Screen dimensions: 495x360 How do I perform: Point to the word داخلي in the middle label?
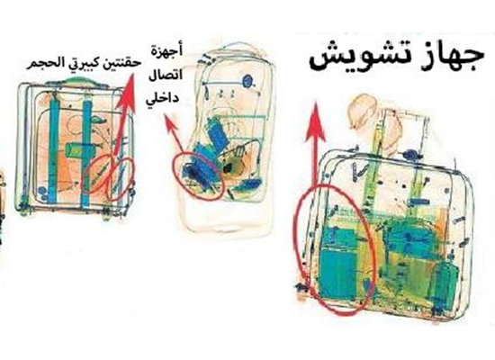click(162, 96)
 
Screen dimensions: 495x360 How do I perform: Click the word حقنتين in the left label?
click(124, 63)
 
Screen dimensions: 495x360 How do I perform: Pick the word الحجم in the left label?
click(42, 62)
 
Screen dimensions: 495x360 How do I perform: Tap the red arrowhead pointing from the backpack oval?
click(171, 124)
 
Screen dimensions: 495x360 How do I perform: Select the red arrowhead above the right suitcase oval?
click(315, 121)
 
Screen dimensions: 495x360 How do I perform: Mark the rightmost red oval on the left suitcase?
click(121, 178)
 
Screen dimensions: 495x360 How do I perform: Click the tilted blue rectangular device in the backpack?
click(217, 133)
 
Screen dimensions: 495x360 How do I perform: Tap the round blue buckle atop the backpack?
click(248, 81)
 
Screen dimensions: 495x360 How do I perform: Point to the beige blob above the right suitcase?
click(362, 112)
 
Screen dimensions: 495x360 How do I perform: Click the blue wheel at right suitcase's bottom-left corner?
click(302, 287)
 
